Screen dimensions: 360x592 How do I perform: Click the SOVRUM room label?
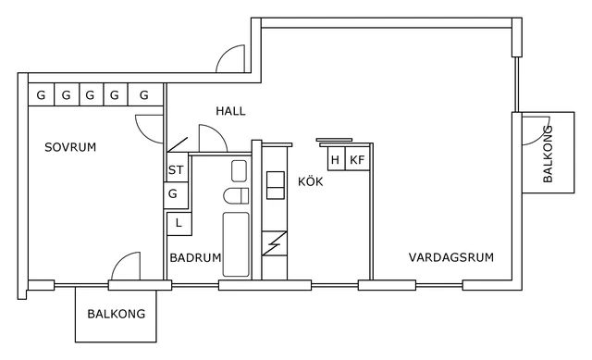(70, 147)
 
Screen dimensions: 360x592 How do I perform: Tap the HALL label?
(230, 111)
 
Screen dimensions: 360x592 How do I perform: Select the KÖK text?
(310, 181)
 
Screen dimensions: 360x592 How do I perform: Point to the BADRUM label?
(195, 258)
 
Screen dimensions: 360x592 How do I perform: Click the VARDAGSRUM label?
(450, 257)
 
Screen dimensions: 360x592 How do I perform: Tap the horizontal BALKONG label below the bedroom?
(117, 314)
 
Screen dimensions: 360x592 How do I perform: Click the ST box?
(176, 170)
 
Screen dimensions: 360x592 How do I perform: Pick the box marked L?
(179, 223)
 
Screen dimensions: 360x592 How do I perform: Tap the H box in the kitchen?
(335, 160)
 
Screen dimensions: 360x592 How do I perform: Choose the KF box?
(357, 160)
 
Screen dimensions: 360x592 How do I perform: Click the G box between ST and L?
(173, 195)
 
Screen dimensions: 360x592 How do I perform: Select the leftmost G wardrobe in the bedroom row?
(41, 94)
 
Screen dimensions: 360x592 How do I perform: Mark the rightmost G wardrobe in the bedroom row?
(144, 94)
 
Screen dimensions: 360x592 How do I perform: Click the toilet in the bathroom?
(237, 196)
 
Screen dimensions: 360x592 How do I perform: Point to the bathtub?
(237, 244)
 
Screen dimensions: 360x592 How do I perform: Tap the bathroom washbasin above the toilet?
(239, 170)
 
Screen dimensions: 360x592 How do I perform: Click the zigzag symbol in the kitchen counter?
(275, 244)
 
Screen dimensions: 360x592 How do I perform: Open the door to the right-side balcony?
(535, 130)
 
